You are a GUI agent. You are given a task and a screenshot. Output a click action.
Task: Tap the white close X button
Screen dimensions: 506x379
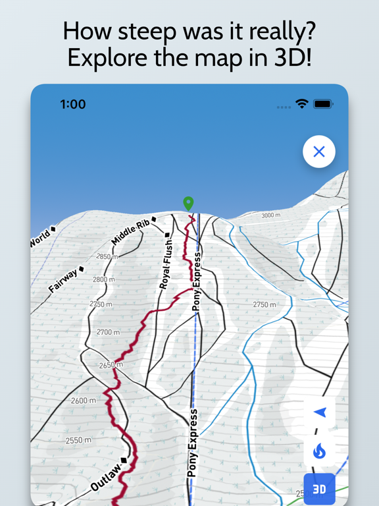(x=319, y=152)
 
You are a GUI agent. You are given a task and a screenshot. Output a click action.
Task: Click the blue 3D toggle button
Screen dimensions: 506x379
(x=319, y=490)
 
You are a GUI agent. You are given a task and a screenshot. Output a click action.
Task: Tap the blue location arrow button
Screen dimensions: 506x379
(x=320, y=412)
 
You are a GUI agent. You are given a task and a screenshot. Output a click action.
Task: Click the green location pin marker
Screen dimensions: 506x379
(x=188, y=204)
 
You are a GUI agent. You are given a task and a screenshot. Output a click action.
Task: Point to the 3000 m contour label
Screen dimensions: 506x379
(x=270, y=215)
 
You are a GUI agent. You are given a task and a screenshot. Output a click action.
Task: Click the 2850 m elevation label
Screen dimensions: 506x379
(x=106, y=256)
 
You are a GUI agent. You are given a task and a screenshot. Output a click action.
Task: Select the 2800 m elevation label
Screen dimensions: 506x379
(x=103, y=279)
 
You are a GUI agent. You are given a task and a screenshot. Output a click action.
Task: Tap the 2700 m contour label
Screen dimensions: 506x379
(x=108, y=332)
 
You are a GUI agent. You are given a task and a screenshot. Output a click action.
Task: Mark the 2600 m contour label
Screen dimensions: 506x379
(x=84, y=401)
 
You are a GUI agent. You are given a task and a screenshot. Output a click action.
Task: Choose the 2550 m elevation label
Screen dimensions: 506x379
(x=78, y=439)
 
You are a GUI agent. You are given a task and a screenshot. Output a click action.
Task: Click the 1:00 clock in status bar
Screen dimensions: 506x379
(x=73, y=104)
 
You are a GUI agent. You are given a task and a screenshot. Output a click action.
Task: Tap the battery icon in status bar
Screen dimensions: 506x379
(x=323, y=104)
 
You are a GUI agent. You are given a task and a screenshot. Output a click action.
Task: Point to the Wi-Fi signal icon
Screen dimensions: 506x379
(x=302, y=104)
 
